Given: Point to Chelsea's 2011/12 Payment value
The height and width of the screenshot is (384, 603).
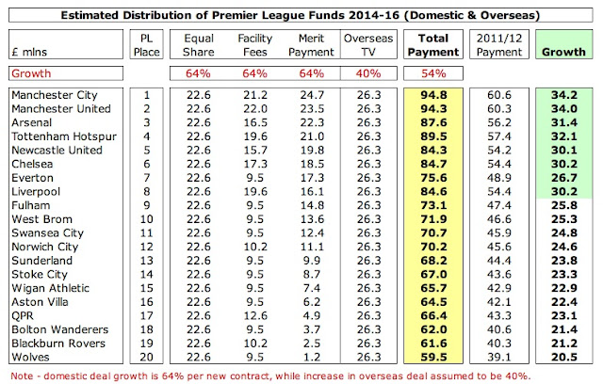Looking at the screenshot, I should point(496,162).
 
